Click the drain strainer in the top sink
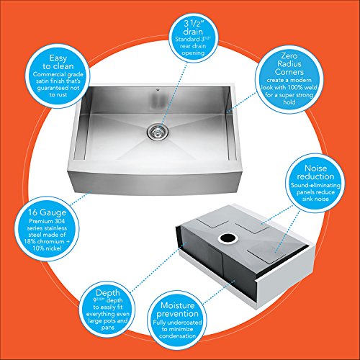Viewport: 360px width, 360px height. pos(158,130)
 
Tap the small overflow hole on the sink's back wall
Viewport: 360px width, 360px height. pos(158,91)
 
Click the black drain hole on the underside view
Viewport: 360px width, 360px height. pos(228,238)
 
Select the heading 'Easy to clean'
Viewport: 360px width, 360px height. pos(58,62)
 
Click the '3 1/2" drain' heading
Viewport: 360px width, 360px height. pos(193,27)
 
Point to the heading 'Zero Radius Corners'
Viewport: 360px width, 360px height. pos(289,64)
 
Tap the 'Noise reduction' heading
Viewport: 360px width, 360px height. pos(315,172)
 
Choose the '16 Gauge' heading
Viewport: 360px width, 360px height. pos(47,212)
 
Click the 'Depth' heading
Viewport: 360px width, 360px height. pos(107,293)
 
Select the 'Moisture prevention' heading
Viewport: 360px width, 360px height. pos(177,310)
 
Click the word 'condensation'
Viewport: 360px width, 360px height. pos(177,336)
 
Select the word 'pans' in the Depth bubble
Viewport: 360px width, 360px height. pos(108,328)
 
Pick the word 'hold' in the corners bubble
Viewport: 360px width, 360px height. pos(289,102)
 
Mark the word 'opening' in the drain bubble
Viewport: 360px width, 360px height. pos(193,53)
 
